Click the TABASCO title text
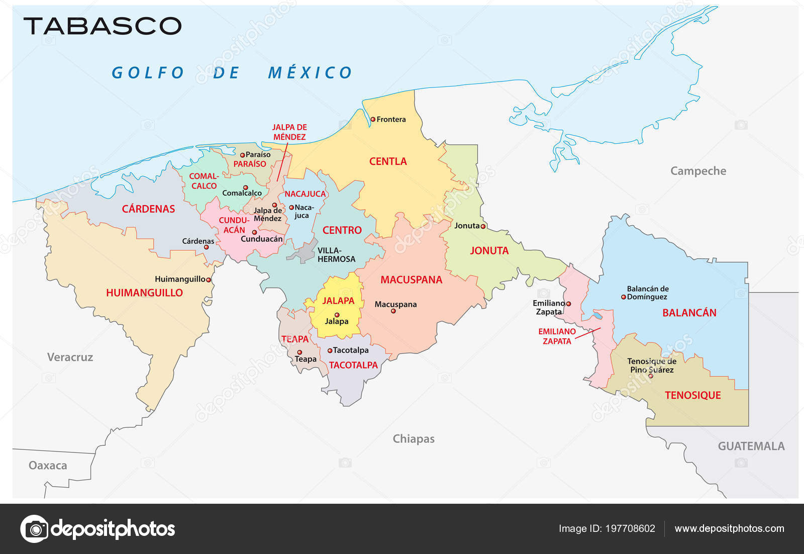coord(103,26)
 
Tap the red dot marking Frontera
coord(373,119)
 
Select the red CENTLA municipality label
coord(388,161)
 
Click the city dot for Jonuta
coord(483,226)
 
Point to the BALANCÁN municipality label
coord(689,313)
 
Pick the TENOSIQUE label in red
coord(692,395)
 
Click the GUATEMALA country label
coord(751,446)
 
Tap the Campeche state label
coord(698,171)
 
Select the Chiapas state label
coord(413,439)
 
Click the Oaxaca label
coord(48,466)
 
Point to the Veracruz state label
coord(70,357)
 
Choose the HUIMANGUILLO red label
coord(144,293)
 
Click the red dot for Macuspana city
coord(393,311)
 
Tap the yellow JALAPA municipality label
coord(338,301)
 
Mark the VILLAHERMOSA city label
coord(336,255)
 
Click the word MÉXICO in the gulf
coord(310,73)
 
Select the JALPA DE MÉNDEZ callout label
coord(289,132)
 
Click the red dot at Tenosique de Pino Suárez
coord(651,376)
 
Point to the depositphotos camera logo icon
coord(34,528)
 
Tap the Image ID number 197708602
coord(630,528)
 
